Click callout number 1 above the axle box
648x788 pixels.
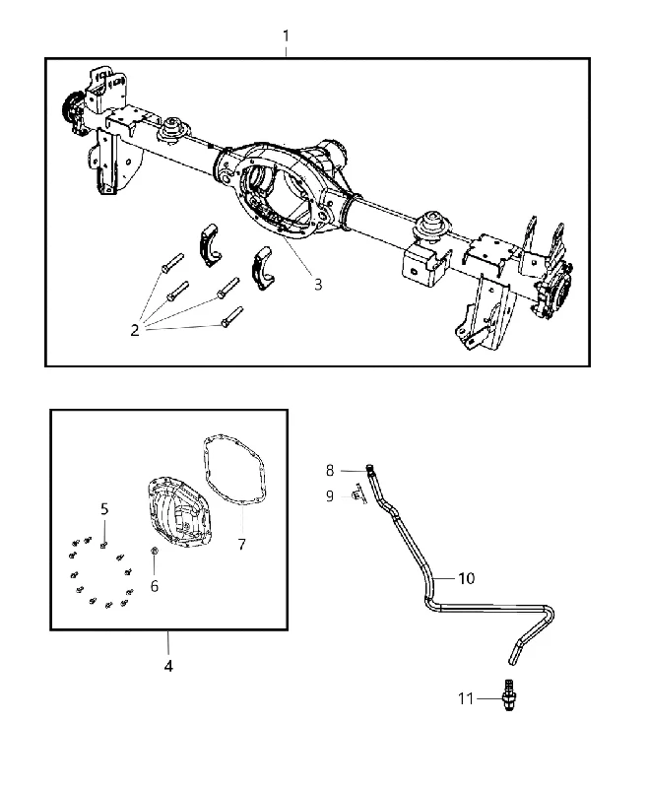(x=286, y=36)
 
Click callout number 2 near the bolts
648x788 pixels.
(x=135, y=330)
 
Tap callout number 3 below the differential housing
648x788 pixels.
(x=318, y=285)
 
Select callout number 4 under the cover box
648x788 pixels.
(x=168, y=666)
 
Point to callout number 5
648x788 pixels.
(x=104, y=509)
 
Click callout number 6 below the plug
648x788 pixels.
(x=155, y=586)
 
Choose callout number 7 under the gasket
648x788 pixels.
(x=241, y=545)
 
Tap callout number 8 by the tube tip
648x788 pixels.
(x=330, y=471)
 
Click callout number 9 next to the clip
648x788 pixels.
(x=330, y=496)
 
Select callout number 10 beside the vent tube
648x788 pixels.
(x=466, y=578)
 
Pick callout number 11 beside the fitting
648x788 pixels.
(x=466, y=698)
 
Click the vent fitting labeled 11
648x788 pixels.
(x=509, y=695)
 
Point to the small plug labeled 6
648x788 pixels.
(x=155, y=552)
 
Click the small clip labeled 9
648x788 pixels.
(x=357, y=494)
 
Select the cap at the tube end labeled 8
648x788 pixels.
(x=369, y=469)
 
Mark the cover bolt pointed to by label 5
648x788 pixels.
(x=104, y=545)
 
